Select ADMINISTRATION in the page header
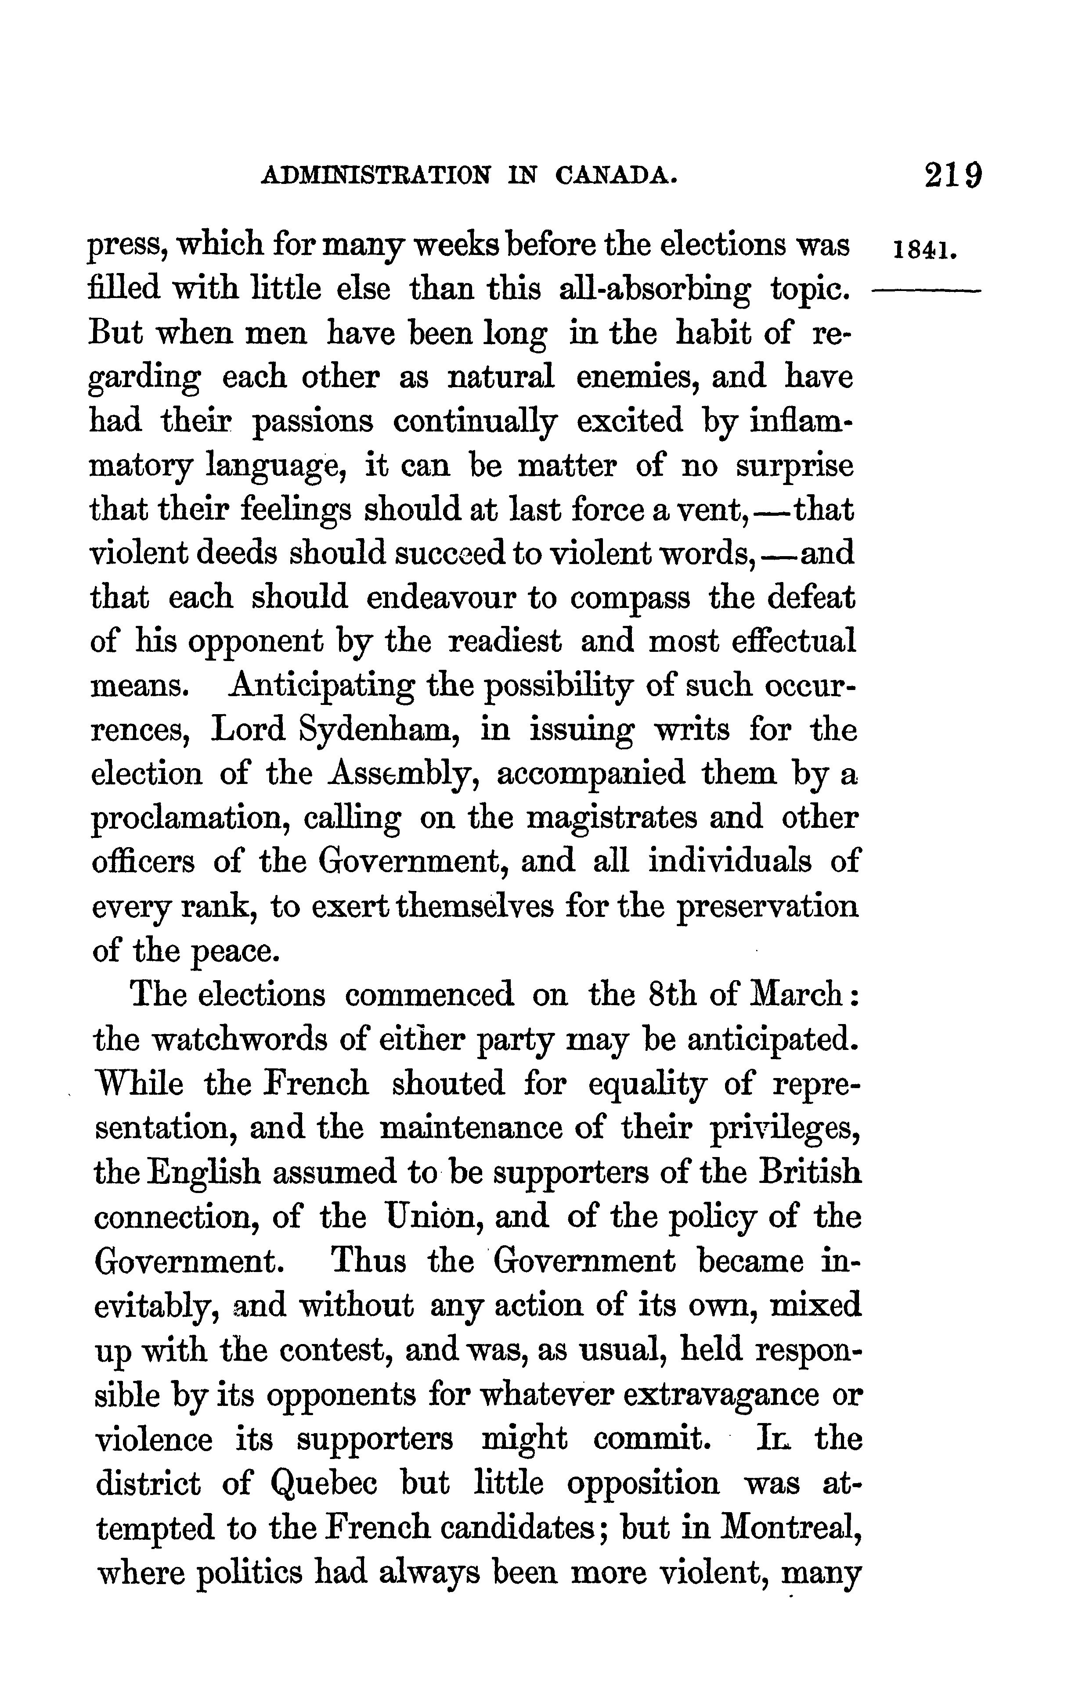point(374,176)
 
